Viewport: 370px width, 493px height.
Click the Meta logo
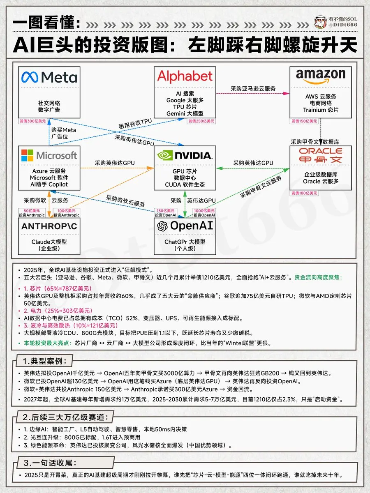point(49,77)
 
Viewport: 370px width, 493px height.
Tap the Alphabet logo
point(185,76)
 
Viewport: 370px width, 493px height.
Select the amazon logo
point(321,76)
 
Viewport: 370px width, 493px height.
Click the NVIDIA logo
point(185,155)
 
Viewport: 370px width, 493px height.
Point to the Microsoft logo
point(49,155)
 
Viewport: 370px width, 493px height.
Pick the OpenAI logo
point(185,226)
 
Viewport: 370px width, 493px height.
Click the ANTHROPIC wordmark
point(49,226)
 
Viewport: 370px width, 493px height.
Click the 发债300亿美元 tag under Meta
point(32,121)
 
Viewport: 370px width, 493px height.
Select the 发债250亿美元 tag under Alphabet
point(201,121)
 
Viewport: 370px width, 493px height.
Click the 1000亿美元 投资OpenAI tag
point(204,212)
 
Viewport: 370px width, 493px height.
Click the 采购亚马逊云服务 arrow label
point(253,88)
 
